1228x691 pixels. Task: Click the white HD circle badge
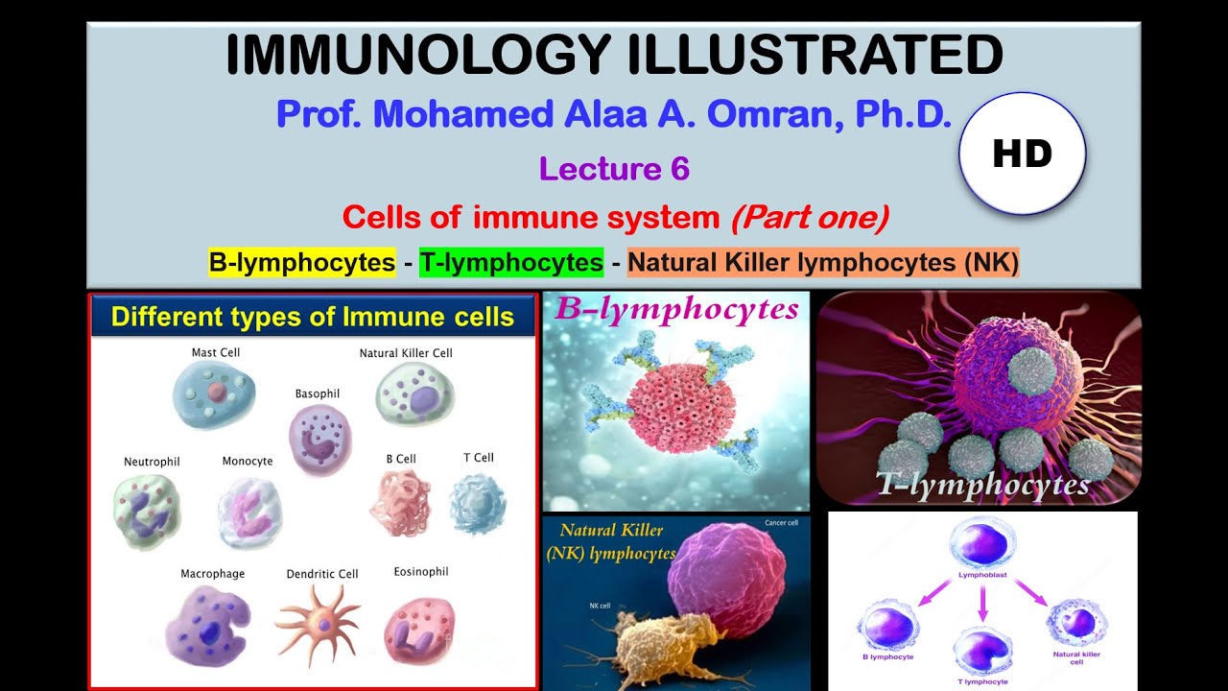(1022, 154)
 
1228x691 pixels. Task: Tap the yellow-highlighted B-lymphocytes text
(302, 262)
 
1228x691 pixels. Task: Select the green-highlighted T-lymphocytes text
(511, 262)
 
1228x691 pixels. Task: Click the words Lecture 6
(614, 169)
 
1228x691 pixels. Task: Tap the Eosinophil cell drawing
(419, 630)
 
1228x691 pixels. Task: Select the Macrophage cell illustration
(207, 626)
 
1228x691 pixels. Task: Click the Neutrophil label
(152, 462)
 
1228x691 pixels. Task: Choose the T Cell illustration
(477, 505)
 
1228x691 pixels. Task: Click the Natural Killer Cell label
(406, 353)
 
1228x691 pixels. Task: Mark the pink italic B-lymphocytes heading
(677, 310)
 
